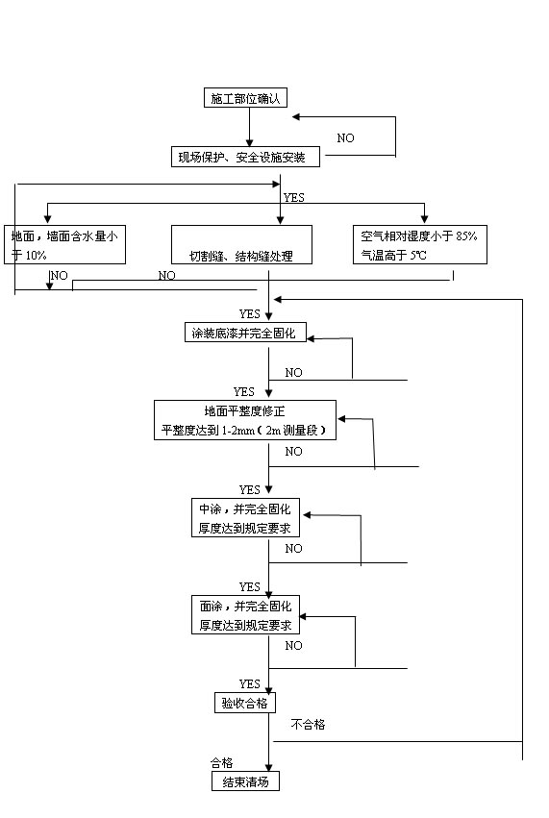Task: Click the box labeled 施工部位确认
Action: [x=245, y=98]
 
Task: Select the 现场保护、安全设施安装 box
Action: [x=245, y=157]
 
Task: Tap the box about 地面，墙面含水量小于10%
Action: [x=64, y=245]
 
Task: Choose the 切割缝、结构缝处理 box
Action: [x=241, y=245]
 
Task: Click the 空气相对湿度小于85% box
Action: [x=420, y=245]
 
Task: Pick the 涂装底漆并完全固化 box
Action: [x=245, y=333]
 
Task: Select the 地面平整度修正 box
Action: [x=245, y=420]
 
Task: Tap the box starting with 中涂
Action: [x=245, y=518]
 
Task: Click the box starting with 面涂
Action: [x=245, y=615]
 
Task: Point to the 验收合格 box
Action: [x=245, y=704]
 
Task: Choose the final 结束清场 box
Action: [x=245, y=781]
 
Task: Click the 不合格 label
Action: [x=308, y=724]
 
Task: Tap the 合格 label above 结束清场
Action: [x=222, y=762]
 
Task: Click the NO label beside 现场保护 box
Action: [x=345, y=138]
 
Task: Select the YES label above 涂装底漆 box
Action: [x=249, y=314]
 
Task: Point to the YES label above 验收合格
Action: [x=249, y=684]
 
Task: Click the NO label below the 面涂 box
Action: [x=293, y=646]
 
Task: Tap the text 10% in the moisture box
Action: [x=36, y=255]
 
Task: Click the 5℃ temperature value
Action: [x=418, y=255]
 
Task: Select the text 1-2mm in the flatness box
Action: [x=238, y=431]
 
